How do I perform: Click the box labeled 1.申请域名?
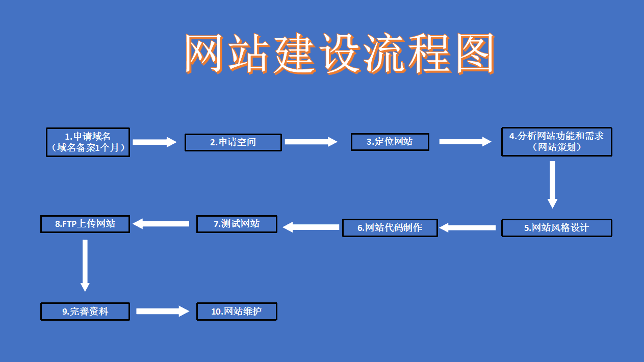(88, 142)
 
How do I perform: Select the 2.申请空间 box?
(233, 142)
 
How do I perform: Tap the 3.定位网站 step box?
(390, 142)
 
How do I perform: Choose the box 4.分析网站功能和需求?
(556, 141)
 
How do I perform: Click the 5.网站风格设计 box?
(556, 228)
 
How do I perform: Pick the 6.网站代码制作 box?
(390, 228)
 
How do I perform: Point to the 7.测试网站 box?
(237, 224)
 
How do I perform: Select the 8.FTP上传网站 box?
(85, 224)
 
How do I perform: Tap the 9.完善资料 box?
(85, 311)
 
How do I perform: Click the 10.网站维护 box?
(237, 311)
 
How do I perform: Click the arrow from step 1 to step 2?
(154, 142)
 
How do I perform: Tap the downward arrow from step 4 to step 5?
(552, 184)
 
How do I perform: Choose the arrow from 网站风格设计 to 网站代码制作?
(468, 228)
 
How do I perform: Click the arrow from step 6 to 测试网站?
(311, 227)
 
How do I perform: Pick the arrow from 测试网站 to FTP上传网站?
(161, 223)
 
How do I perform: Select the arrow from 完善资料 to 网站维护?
(163, 311)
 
